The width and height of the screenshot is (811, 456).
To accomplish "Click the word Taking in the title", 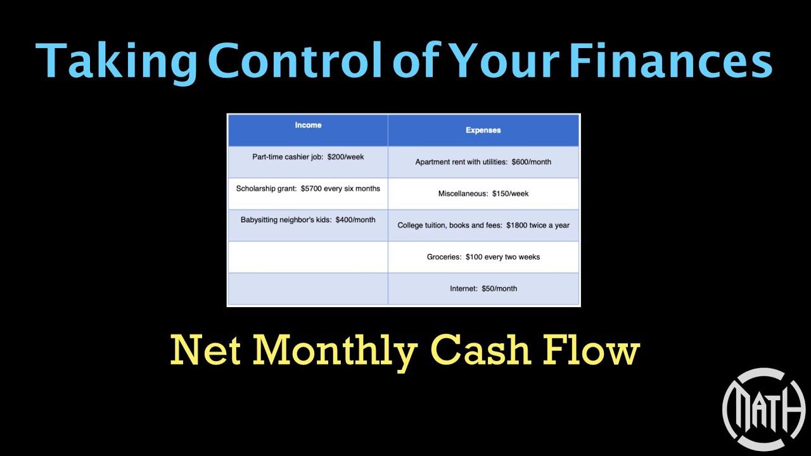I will (117, 61).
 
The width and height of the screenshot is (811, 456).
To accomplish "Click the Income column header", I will (308, 125).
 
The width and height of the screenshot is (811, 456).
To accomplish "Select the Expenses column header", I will (483, 130).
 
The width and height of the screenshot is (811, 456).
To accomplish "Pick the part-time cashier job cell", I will (308, 157).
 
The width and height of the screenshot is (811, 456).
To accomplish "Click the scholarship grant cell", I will (308, 189).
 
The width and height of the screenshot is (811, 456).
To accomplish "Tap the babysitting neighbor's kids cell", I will (308, 220).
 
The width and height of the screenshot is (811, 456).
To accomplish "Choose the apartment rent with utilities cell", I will (483, 162).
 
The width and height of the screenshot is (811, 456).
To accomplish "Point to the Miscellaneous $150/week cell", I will (483, 194).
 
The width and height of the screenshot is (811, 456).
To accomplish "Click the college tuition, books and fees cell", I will (483, 225).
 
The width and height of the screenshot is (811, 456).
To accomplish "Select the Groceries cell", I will (483, 257).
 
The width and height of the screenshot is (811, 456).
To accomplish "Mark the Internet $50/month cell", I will (483, 289).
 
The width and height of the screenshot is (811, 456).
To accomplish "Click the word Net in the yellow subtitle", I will (207, 350).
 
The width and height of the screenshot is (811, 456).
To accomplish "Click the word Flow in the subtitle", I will (592, 350).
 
